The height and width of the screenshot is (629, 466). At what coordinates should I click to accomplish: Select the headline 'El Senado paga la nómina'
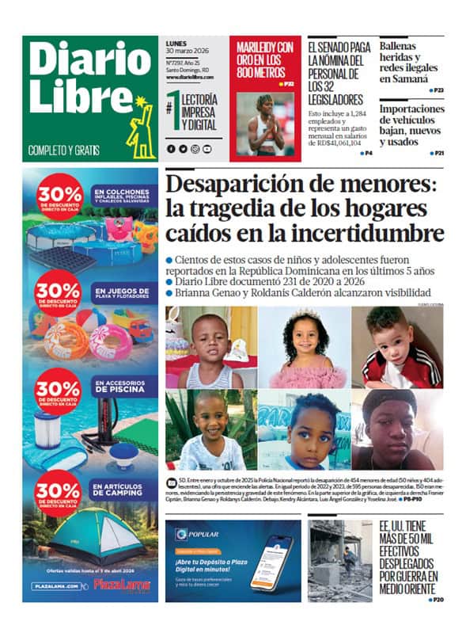tap(339, 73)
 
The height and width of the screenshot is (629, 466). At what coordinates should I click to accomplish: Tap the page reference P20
tap(436, 600)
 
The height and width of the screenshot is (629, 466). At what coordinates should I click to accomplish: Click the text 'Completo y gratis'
tap(63, 149)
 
